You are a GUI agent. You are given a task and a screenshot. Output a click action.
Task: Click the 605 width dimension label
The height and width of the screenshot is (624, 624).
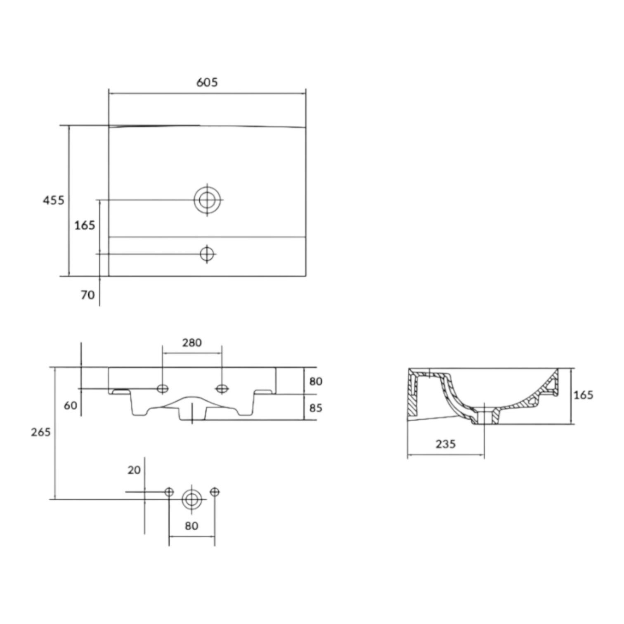point(207,83)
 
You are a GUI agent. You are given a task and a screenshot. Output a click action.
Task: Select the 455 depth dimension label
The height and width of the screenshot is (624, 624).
point(54,200)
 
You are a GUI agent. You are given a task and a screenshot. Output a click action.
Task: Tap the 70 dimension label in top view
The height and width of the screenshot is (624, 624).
point(87,295)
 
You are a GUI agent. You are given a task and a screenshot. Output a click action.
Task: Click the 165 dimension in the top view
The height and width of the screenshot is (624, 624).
point(85,225)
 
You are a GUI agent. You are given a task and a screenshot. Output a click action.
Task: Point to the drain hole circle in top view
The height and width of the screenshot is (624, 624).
point(207,200)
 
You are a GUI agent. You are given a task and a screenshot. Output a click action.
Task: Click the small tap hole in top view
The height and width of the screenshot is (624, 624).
point(207,254)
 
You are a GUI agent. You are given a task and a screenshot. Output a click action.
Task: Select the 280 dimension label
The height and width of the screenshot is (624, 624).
point(192,343)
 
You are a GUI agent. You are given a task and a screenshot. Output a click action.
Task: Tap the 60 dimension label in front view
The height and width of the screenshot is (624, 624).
point(71,405)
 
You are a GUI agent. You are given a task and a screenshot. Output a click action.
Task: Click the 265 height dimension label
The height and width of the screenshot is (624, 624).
point(41,432)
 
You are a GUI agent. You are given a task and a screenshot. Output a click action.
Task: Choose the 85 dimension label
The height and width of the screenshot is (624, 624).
point(316,408)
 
